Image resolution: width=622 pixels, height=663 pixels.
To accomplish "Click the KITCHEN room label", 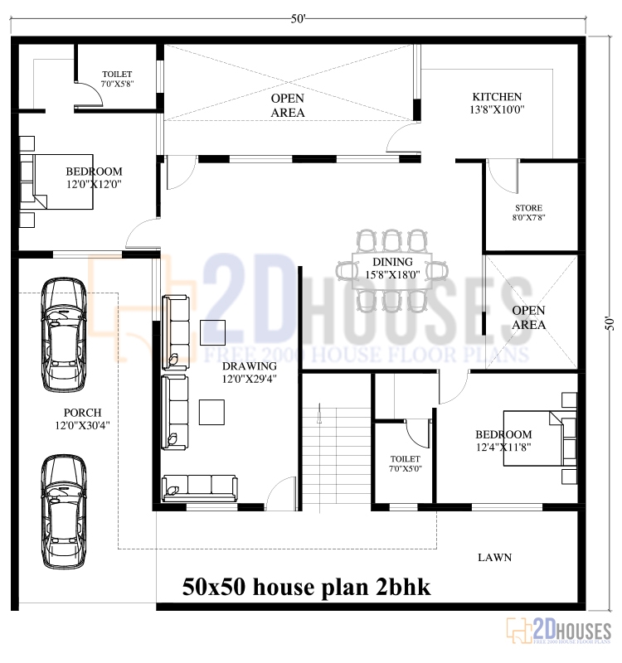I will click(497, 96).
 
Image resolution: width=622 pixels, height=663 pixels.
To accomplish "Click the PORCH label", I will click(82, 413).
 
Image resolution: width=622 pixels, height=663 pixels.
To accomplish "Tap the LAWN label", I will click(494, 558).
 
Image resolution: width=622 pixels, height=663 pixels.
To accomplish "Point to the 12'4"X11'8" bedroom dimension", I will click(503, 448).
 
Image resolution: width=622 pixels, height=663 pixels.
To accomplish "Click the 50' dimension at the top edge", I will click(298, 18).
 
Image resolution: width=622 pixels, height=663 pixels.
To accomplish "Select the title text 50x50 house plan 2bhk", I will click(307, 588).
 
